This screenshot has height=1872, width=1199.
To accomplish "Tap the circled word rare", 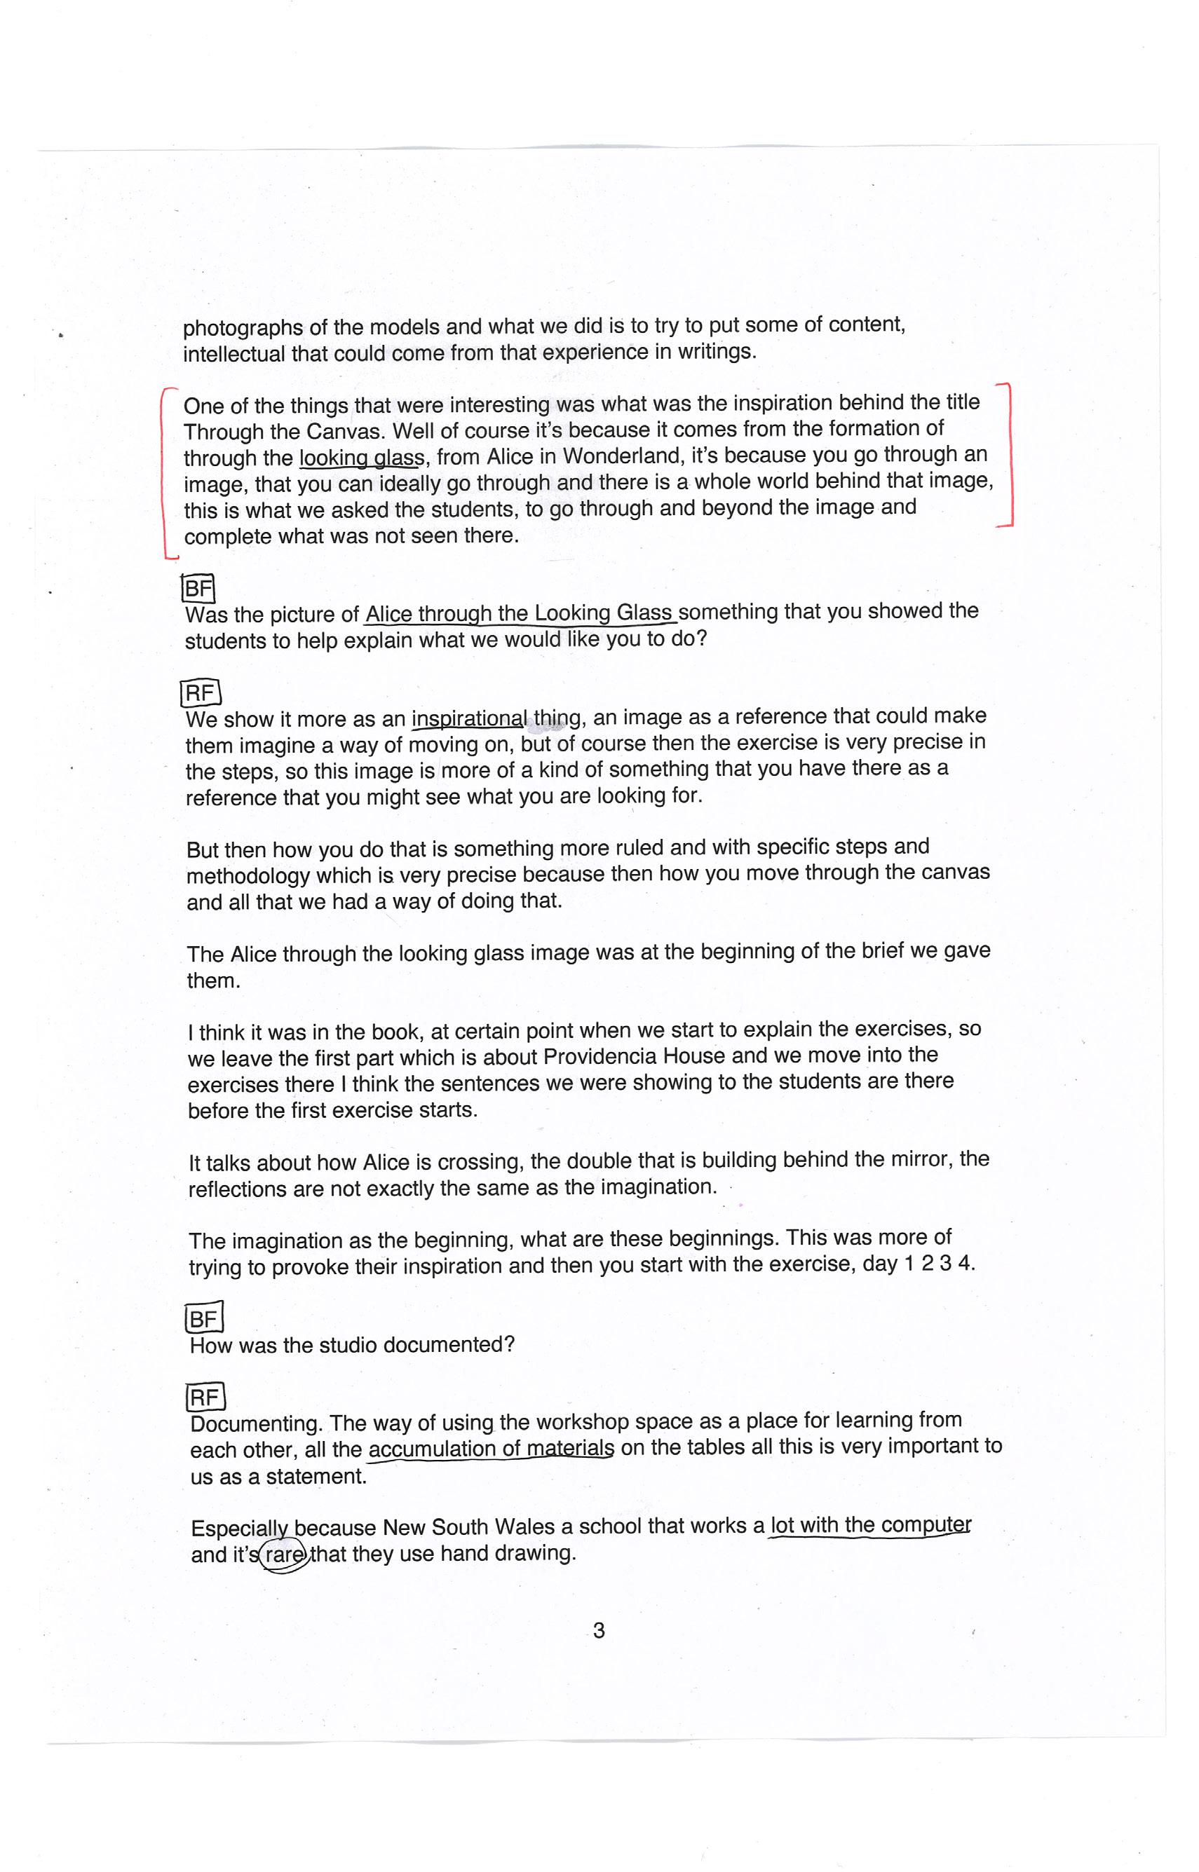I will [283, 1555].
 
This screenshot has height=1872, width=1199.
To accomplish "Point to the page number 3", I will [599, 1631].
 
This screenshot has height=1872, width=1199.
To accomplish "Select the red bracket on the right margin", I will [1009, 455].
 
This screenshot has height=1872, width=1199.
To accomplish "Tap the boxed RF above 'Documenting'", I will [205, 1398].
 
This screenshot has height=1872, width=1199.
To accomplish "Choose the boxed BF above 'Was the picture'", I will [198, 589].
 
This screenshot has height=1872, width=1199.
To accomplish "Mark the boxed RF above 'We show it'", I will [201, 692].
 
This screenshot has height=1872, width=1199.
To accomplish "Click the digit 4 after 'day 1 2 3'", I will [964, 1263].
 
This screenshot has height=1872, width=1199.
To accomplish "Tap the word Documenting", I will [255, 1424].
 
